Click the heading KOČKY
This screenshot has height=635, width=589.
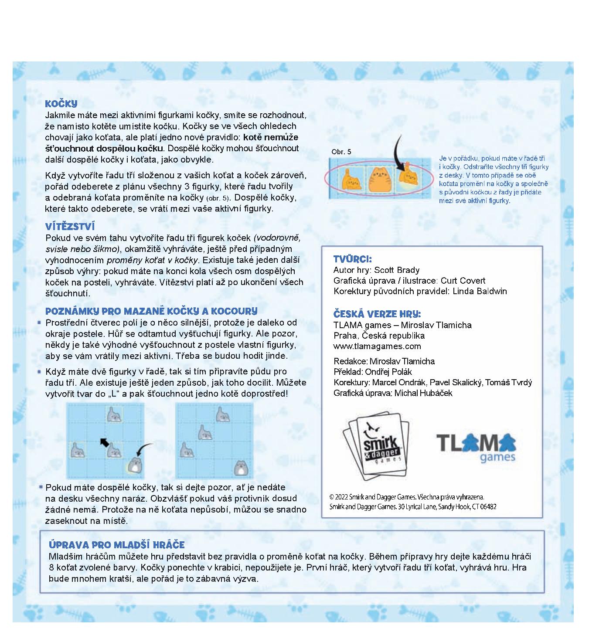click(61, 104)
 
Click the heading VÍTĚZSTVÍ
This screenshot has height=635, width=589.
click(70, 227)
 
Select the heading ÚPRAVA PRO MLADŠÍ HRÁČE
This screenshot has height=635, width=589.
click(116, 545)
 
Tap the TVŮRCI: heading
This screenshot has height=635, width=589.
click(352, 259)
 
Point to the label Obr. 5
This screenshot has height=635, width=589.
click(341, 152)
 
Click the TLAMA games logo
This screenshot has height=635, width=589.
click(476, 447)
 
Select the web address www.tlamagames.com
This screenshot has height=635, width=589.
click(377, 346)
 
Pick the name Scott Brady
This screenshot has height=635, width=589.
click(397, 270)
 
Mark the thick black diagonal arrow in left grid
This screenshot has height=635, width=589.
click(104, 443)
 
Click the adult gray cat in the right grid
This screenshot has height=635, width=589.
click(240, 468)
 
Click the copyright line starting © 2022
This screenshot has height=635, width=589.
click(407, 497)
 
